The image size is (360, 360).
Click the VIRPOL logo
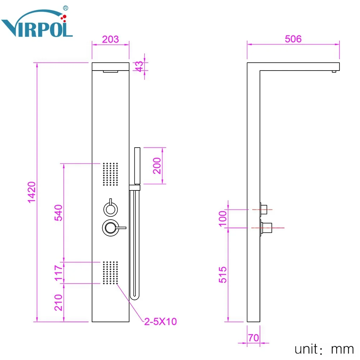[37, 24]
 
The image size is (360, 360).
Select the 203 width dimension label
[111, 39]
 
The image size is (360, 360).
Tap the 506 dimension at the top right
[293, 39]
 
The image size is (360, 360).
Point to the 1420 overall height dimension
[32, 192]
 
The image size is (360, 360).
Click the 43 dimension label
[139, 66]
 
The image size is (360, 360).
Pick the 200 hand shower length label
[157, 166]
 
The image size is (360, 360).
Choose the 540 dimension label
[58, 213]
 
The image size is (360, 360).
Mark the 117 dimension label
[58, 273]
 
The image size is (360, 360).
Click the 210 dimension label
[58, 303]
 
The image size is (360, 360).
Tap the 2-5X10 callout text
[161, 321]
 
